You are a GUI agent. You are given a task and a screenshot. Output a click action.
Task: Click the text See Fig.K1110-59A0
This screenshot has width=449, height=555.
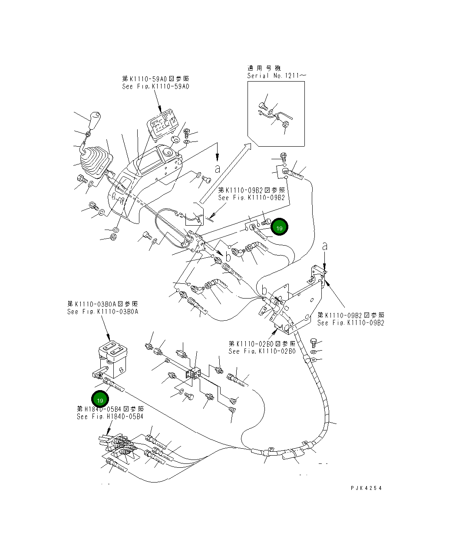click(156, 86)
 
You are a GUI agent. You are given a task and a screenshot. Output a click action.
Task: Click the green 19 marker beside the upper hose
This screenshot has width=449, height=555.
click(279, 227)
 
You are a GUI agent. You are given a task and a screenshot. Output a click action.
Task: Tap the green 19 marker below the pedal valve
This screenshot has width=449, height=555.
click(100, 400)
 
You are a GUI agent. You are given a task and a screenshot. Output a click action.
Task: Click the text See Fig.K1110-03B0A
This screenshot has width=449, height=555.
click(102, 312)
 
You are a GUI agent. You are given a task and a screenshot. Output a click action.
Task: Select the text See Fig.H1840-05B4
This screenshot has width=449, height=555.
click(110, 417)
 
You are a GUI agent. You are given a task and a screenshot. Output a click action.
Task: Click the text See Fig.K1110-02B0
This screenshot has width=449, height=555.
click(262, 351)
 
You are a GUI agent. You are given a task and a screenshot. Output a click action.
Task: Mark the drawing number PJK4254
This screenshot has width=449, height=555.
click(366, 488)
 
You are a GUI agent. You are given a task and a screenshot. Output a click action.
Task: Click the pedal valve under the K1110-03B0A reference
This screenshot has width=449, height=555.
click(111, 360)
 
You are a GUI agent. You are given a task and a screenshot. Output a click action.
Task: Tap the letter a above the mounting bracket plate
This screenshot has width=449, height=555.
click(325, 246)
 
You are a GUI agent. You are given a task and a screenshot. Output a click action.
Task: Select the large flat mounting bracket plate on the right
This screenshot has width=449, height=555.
click(300, 304)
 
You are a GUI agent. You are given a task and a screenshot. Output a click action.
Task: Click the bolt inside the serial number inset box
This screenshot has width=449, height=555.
click(262, 105)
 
